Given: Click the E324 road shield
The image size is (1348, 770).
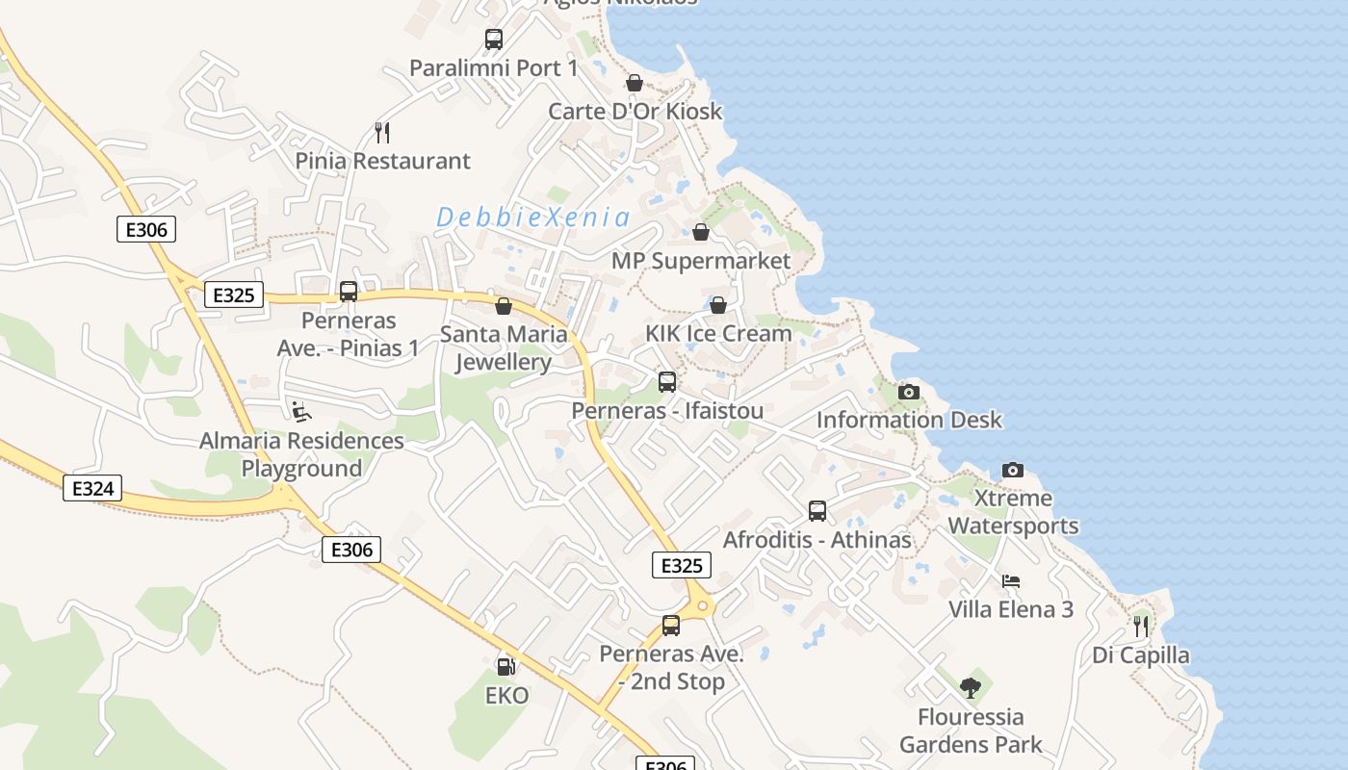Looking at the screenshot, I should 93,488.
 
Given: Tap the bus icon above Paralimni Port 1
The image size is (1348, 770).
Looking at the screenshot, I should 494,39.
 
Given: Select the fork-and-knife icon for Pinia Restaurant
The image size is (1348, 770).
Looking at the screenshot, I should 382,132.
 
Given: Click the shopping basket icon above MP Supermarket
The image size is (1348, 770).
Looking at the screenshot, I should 701,232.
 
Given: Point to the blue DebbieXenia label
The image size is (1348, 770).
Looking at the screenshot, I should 533,218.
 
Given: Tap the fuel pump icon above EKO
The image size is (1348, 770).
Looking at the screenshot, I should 505,665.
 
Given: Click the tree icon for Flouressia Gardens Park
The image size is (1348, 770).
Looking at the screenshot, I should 971,688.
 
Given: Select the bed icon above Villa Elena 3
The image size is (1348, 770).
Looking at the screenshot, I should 1011,581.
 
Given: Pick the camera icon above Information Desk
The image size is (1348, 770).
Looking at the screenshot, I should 909,392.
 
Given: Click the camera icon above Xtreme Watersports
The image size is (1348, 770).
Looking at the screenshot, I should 1013,470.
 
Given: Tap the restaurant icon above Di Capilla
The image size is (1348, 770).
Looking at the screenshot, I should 1141,627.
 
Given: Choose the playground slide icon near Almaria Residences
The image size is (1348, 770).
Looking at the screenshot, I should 302,412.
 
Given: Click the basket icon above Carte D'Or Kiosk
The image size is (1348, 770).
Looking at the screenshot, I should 635,83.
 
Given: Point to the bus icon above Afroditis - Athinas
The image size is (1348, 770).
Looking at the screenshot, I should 817,511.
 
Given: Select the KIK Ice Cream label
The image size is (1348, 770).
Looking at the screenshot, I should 718,333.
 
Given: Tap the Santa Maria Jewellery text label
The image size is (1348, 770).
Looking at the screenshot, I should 504,347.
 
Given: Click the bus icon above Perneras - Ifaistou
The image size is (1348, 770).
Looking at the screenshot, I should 667,382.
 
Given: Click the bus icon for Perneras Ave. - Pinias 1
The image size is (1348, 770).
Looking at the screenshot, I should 349,292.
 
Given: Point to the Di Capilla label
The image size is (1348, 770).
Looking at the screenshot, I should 1141,655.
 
